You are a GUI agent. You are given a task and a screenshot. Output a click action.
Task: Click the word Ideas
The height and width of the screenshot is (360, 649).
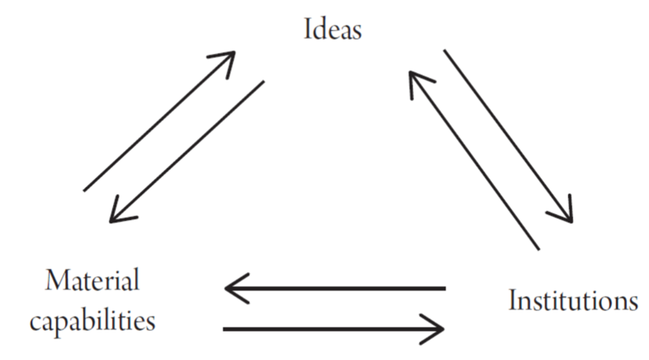332,29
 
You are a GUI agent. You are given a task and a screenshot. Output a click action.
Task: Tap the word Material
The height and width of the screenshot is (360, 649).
92,280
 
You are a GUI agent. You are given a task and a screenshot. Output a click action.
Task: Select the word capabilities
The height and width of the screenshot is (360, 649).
92,321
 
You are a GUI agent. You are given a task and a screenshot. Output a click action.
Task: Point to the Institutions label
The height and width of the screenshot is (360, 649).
574,300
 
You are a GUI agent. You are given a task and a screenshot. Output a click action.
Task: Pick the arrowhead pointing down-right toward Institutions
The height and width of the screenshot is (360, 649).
564,212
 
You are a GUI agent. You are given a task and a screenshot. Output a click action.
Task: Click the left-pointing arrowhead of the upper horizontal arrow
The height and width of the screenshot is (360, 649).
234,289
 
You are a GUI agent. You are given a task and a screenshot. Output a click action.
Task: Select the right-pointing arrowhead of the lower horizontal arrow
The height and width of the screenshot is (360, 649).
434,330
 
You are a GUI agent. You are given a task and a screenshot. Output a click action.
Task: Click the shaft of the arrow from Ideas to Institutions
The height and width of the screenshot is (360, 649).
508,136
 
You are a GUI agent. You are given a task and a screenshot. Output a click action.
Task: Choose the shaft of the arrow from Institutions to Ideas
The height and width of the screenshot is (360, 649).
474,161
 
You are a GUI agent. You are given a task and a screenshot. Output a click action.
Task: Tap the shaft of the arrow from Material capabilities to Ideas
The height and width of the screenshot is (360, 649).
159,121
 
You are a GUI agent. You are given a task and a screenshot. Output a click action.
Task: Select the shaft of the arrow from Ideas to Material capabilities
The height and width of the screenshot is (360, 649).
187,152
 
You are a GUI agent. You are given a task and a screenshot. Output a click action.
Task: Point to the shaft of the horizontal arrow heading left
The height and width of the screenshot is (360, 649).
335,289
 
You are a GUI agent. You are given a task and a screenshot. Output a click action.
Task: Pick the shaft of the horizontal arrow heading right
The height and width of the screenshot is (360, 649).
334,330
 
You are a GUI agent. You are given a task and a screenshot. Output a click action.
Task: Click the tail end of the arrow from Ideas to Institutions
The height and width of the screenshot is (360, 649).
445,50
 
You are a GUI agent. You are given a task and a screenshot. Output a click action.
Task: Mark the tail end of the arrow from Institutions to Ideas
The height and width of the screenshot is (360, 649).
539,249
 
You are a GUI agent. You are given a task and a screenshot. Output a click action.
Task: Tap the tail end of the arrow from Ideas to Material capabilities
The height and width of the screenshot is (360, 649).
264,82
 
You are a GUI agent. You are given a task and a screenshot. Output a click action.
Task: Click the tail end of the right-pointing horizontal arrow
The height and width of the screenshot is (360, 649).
224,330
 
